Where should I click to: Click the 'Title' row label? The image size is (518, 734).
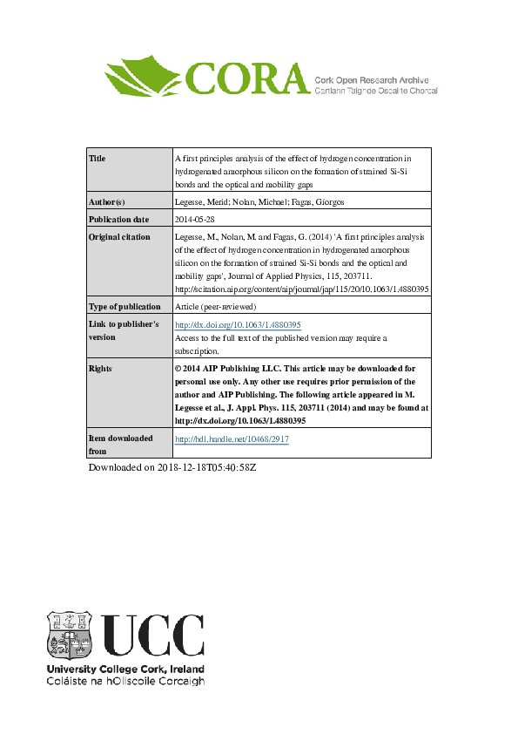pyautogui.click(x=98, y=159)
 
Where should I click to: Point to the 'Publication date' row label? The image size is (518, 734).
pyautogui.click(x=119, y=219)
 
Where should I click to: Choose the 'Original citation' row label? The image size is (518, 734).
pyautogui.click(x=120, y=236)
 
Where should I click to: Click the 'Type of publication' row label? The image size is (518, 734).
pyautogui.click(x=125, y=307)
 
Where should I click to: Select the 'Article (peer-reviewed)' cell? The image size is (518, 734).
pyautogui.click(x=215, y=307)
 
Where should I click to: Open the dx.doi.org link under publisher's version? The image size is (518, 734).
pyautogui.click(x=238, y=324)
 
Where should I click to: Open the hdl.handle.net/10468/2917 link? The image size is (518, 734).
pyautogui.click(x=232, y=439)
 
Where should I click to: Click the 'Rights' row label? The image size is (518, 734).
pyautogui.click(x=102, y=369)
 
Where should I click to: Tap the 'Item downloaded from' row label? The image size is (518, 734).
pyautogui.click(x=121, y=445)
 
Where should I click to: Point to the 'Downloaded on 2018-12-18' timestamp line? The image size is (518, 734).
pyautogui.click(x=172, y=468)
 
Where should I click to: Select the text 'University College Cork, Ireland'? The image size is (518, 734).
pyautogui.click(x=124, y=669)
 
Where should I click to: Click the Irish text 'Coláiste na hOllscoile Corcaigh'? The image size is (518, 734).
pyautogui.click(x=124, y=681)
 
